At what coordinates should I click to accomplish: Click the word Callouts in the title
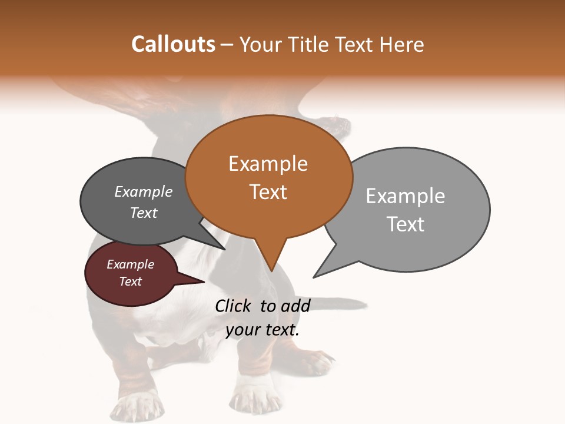point(173,45)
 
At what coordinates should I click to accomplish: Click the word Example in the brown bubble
point(268,164)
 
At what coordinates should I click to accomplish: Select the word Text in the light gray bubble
point(406,224)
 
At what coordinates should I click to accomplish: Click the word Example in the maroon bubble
point(130,264)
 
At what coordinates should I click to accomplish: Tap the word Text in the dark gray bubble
point(144,213)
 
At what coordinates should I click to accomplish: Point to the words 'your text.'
point(262,330)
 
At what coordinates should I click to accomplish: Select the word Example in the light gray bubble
point(406,196)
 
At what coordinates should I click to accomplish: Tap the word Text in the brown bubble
point(268,192)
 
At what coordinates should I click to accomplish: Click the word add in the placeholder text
point(295,306)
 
